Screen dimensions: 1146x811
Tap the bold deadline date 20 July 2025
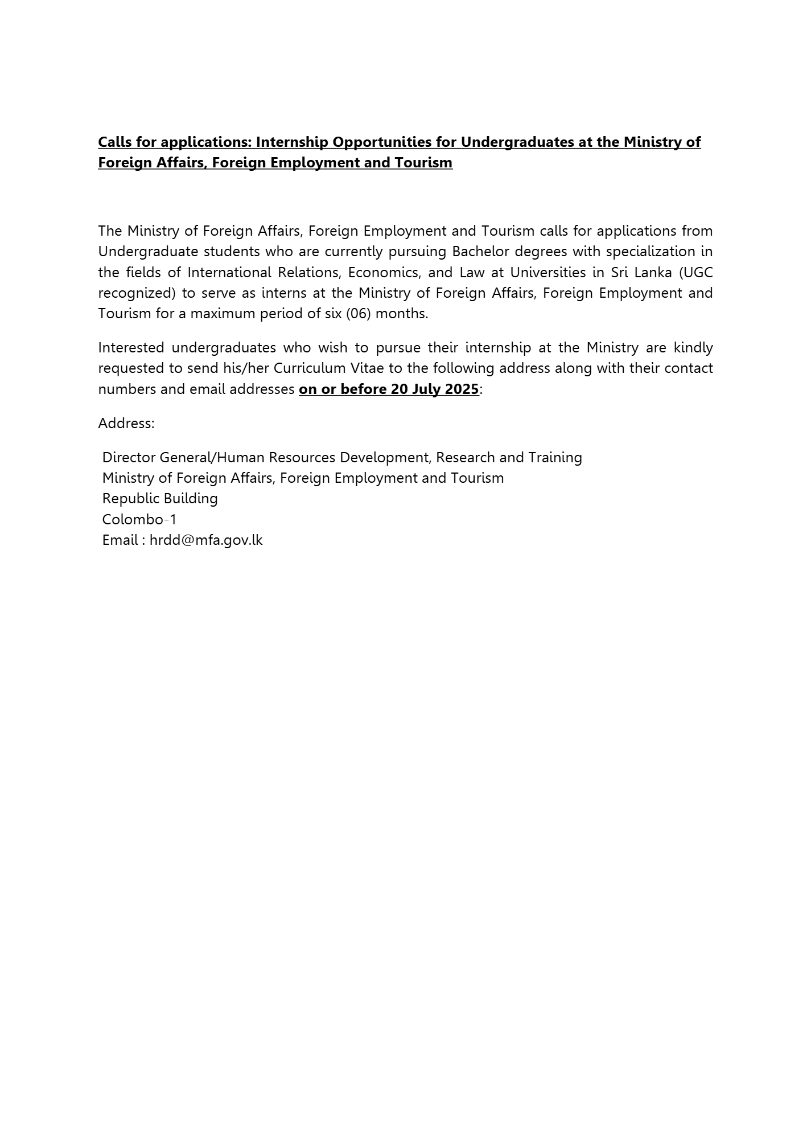point(435,389)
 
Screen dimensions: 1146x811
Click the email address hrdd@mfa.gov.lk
point(206,540)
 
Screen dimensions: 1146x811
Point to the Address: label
point(126,424)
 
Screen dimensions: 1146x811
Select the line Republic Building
point(160,499)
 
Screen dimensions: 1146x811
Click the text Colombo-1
point(139,519)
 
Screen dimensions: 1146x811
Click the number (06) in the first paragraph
point(359,314)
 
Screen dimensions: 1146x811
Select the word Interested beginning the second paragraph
point(131,348)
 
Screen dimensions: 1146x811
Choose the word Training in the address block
point(555,458)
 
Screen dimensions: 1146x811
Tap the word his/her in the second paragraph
point(249,368)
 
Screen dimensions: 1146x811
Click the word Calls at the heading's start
point(115,142)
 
